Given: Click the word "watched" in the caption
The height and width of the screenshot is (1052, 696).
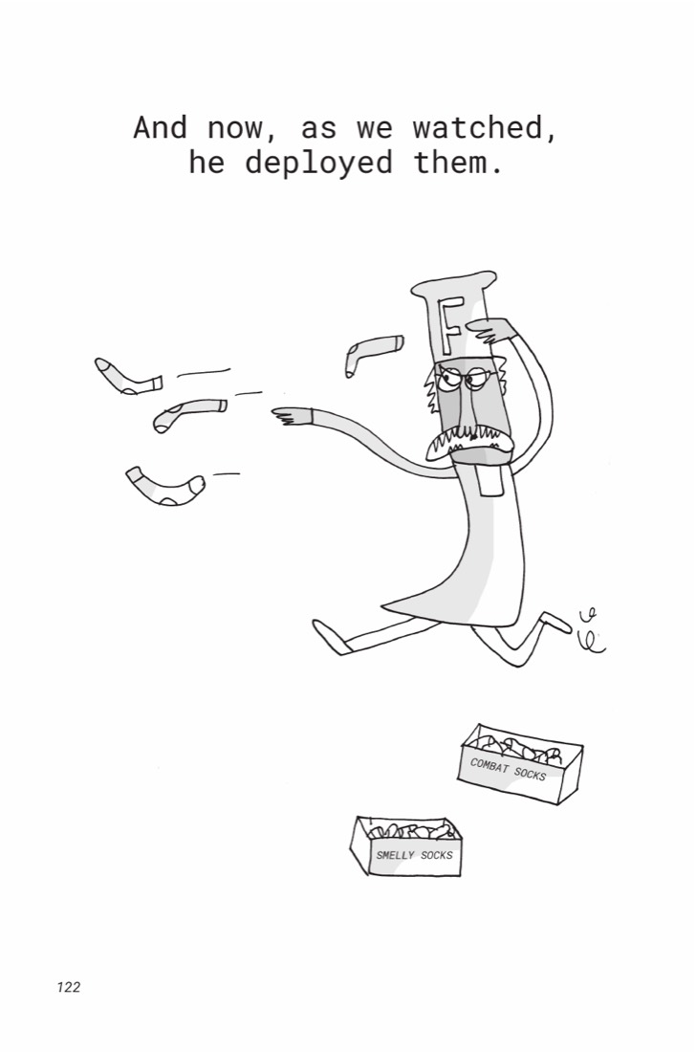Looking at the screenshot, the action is tap(484, 127).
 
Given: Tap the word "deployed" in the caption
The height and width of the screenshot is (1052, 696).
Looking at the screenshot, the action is tap(317, 163).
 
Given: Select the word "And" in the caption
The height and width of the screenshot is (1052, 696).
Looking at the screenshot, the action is tap(160, 127).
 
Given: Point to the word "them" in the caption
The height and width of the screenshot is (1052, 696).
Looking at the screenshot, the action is tap(459, 163).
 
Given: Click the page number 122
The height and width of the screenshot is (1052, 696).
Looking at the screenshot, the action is tap(69, 986).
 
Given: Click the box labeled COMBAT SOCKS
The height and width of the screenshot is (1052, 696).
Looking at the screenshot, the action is tap(520, 763).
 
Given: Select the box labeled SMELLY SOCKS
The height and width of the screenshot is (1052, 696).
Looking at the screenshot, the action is tap(406, 846).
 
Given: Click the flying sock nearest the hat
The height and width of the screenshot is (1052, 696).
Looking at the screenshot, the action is tap(372, 353).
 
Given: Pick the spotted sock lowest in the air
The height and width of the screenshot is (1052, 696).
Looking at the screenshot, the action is tap(164, 487).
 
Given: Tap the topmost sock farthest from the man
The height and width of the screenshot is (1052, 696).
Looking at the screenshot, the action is tap(127, 377).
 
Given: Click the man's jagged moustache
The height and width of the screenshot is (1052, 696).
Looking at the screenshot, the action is tap(469, 444).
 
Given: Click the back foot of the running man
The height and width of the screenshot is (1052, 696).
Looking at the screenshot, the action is tap(558, 622).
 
